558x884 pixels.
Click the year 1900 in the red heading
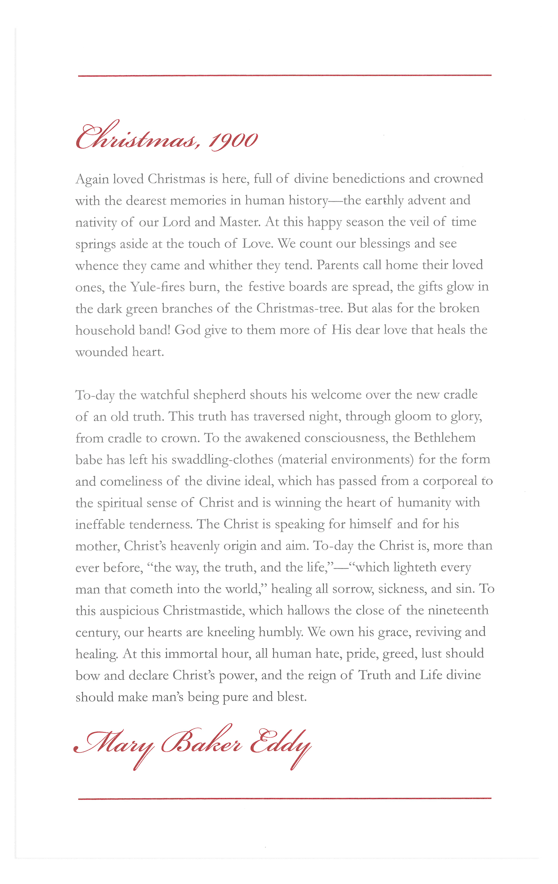coord(233,141)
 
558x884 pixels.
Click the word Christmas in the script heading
coord(135,138)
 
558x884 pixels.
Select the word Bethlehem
coord(445,438)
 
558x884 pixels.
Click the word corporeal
coord(450,481)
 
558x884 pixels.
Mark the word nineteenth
coord(458,611)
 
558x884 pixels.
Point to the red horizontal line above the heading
coord(284,76)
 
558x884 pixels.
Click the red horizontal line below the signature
coord(284,798)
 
